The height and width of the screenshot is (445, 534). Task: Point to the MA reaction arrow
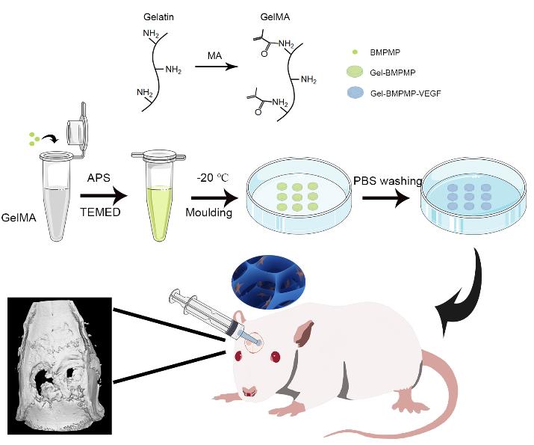click(213, 67)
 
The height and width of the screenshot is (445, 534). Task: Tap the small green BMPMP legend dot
click(354, 53)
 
